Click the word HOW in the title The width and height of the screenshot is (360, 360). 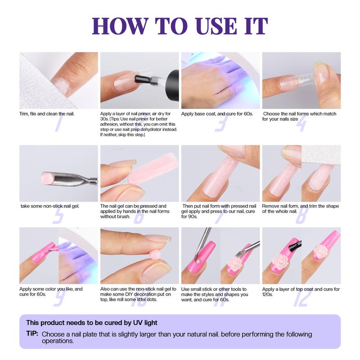[120, 26]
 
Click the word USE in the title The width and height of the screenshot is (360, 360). [216, 26]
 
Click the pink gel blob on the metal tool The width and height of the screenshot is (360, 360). [48, 178]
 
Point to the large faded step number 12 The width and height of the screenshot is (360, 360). [301, 299]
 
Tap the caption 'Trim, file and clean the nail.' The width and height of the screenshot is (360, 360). [47, 114]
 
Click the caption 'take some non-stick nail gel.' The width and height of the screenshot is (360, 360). [50, 206]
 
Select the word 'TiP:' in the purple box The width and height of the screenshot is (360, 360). [32, 333]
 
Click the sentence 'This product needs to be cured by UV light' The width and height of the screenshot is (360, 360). [92, 323]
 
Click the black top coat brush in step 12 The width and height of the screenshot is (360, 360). [294, 246]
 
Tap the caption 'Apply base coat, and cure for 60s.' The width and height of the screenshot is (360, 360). [217, 114]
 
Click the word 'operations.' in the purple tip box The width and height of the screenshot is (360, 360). [58, 341]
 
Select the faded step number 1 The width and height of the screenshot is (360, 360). [59, 123]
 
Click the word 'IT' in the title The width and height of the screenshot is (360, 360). [256, 26]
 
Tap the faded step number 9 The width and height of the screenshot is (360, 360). [59, 299]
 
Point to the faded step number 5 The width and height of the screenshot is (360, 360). [58, 216]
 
